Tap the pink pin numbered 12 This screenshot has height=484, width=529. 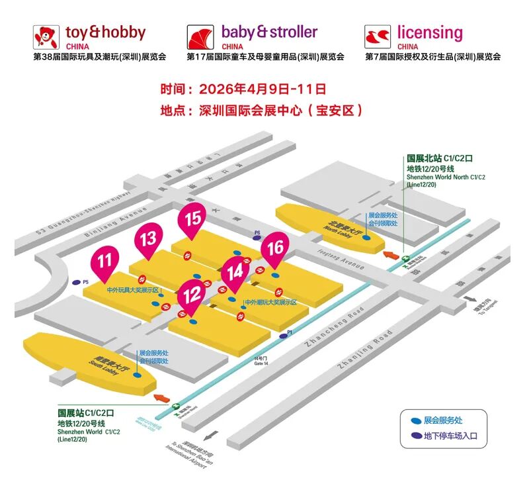coord(192,294)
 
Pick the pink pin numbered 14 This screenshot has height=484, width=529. coord(235,272)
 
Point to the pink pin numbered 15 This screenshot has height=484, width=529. coord(193,219)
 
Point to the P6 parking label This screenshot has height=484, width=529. coord(257,232)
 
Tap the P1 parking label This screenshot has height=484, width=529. coord(289,331)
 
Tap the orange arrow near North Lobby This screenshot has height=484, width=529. coord(392,254)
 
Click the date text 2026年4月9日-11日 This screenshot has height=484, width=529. coord(263,88)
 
